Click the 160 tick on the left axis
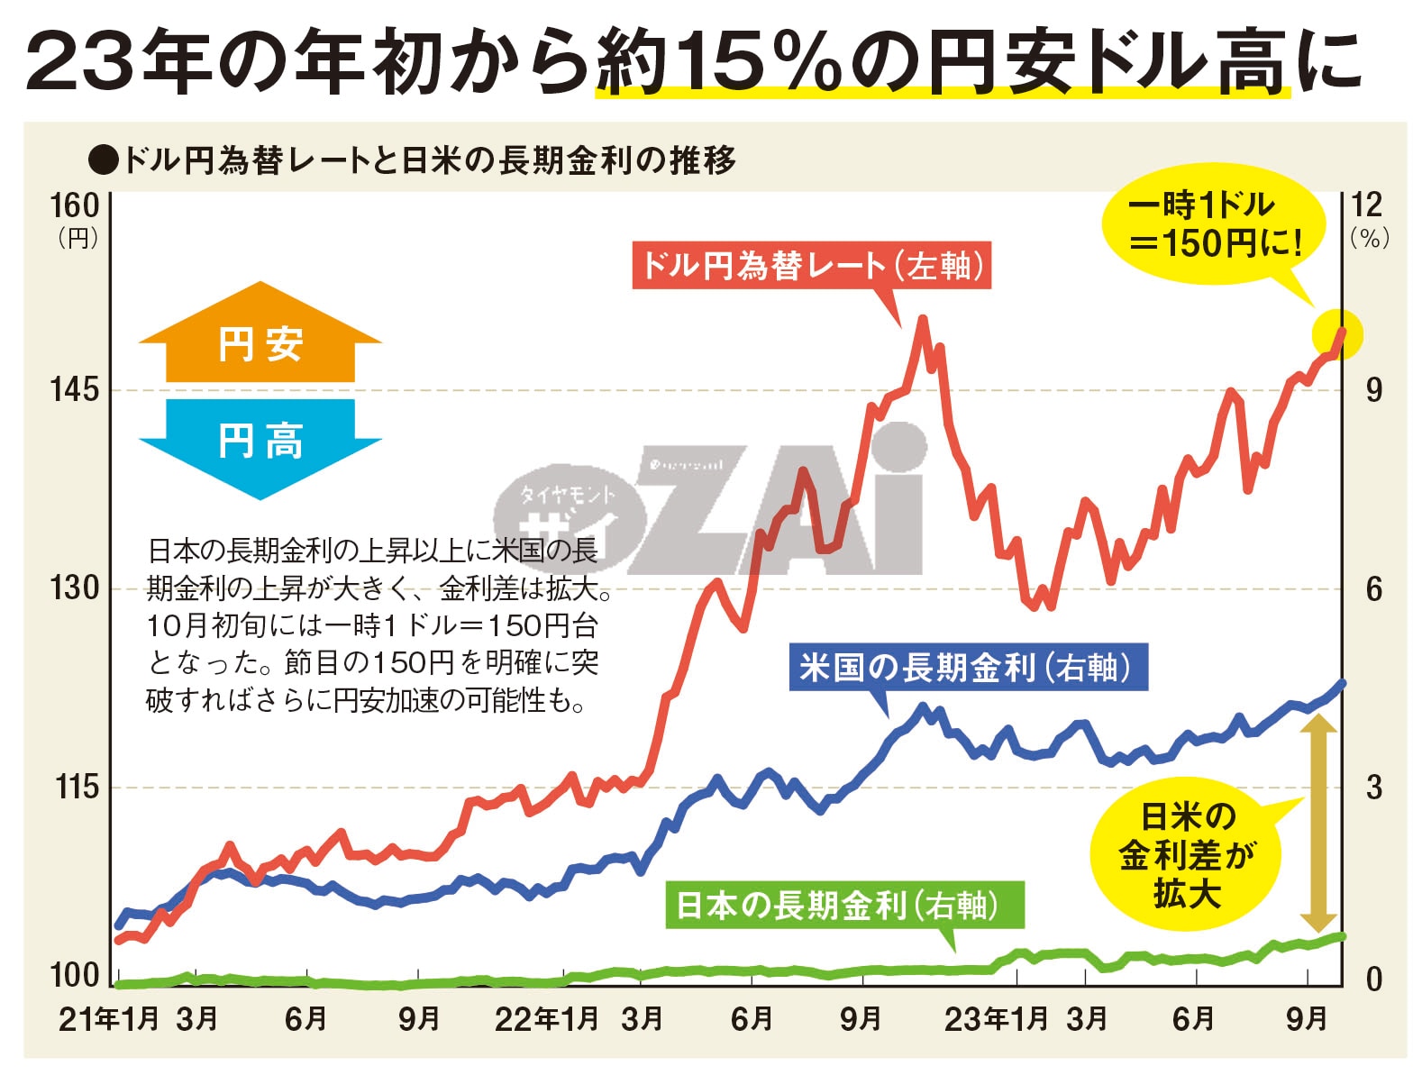point(74,205)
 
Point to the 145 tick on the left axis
point(74,390)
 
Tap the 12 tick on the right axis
point(1367,205)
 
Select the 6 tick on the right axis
point(1373,589)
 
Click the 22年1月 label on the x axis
point(547,1019)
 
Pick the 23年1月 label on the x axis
point(996,1019)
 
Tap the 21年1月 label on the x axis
point(109,1019)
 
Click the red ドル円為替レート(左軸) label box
point(811,266)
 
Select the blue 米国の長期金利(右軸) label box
point(968,668)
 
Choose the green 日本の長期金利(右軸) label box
point(844,905)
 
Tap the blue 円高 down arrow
point(260,446)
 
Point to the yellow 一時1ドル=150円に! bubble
point(1214,225)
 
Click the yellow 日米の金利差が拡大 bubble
point(1186,855)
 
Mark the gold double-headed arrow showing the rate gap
point(1318,822)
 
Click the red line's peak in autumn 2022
point(921,319)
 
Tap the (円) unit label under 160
point(77,238)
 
